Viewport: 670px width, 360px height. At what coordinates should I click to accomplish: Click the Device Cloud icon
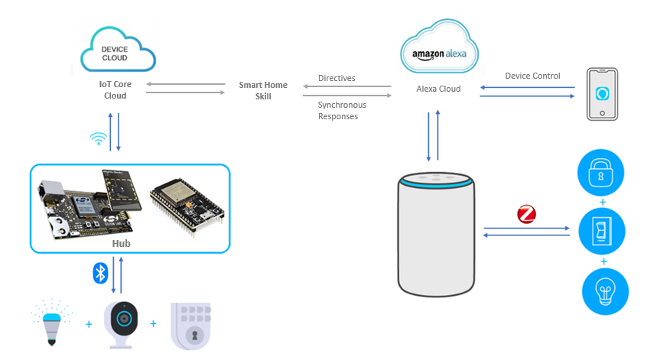click(x=118, y=50)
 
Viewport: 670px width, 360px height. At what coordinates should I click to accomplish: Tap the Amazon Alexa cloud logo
click(x=439, y=48)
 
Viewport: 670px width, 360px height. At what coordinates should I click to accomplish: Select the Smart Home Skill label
click(x=263, y=90)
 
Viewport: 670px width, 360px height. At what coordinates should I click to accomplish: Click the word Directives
click(x=337, y=78)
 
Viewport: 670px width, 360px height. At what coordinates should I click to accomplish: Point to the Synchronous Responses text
click(x=342, y=111)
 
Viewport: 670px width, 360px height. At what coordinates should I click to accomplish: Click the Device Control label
click(x=532, y=76)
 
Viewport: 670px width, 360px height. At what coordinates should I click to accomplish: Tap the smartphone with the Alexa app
click(x=602, y=94)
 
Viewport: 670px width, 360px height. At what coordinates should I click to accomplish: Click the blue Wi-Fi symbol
click(x=98, y=139)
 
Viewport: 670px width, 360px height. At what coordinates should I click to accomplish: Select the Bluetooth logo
click(x=100, y=274)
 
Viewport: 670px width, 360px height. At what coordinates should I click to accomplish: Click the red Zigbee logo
click(x=526, y=214)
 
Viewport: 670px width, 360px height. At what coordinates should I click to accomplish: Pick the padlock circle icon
click(x=600, y=173)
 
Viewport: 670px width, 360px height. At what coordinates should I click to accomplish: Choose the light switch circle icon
click(x=602, y=232)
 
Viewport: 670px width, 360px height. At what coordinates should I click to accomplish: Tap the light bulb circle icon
click(x=605, y=292)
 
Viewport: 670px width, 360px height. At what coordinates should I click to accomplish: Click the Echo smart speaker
click(x=436, y=235)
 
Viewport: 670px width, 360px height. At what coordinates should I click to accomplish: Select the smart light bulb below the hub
click(x=52, y=323)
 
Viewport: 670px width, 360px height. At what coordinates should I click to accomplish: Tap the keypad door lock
click(x=191, y=326)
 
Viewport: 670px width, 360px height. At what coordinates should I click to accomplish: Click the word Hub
click(x=121, y=243)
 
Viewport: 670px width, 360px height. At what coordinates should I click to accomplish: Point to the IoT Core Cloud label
click(x=115, y=89)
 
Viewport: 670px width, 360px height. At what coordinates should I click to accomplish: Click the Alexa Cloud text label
click(x=438, y=89)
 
